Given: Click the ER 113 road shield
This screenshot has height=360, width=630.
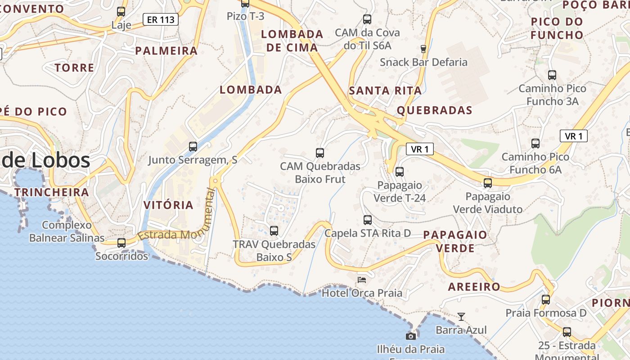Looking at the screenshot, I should (161, 19).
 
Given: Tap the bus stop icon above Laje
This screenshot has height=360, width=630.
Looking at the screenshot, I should (121, 12).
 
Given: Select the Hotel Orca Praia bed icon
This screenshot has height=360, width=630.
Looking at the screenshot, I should (361, 279).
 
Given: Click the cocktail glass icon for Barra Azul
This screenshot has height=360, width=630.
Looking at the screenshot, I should (461, 317).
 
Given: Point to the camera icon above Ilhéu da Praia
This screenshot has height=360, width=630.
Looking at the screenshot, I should (410, 336).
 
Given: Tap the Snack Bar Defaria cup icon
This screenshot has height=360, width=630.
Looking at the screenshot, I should (423, 49).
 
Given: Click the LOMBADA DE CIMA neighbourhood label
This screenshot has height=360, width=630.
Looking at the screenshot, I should (292, 40).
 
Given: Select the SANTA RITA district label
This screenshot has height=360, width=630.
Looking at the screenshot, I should (385, 90).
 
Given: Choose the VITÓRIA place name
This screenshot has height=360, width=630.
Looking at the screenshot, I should (168, 205).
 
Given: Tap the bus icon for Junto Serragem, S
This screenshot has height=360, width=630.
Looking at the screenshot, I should (193, 146).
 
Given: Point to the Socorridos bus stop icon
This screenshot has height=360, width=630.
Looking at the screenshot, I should (121, 243).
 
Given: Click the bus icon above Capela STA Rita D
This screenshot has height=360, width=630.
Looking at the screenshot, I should (368, 220).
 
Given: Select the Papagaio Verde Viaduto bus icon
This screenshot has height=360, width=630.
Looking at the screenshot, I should (488, 183).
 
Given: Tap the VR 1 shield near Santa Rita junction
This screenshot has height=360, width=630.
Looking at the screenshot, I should (420, 149).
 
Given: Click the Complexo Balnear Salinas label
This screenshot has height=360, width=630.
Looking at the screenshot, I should (67, 231).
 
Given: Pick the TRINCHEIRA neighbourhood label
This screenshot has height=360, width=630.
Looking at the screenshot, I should (51, 193).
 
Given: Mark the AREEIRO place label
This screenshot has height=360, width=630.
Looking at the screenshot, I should (474, 287).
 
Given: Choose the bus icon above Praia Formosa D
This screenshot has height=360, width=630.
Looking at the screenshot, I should (546, 299).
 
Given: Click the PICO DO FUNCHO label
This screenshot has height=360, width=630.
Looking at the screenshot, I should (557, 28).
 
